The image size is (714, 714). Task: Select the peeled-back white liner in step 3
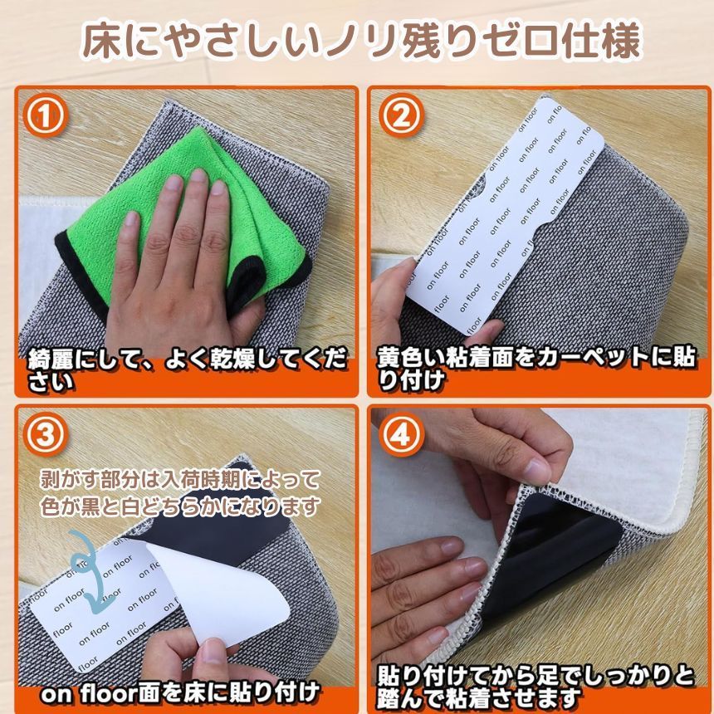click(218, 592)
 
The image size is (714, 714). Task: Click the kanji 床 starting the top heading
click(105, 42)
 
